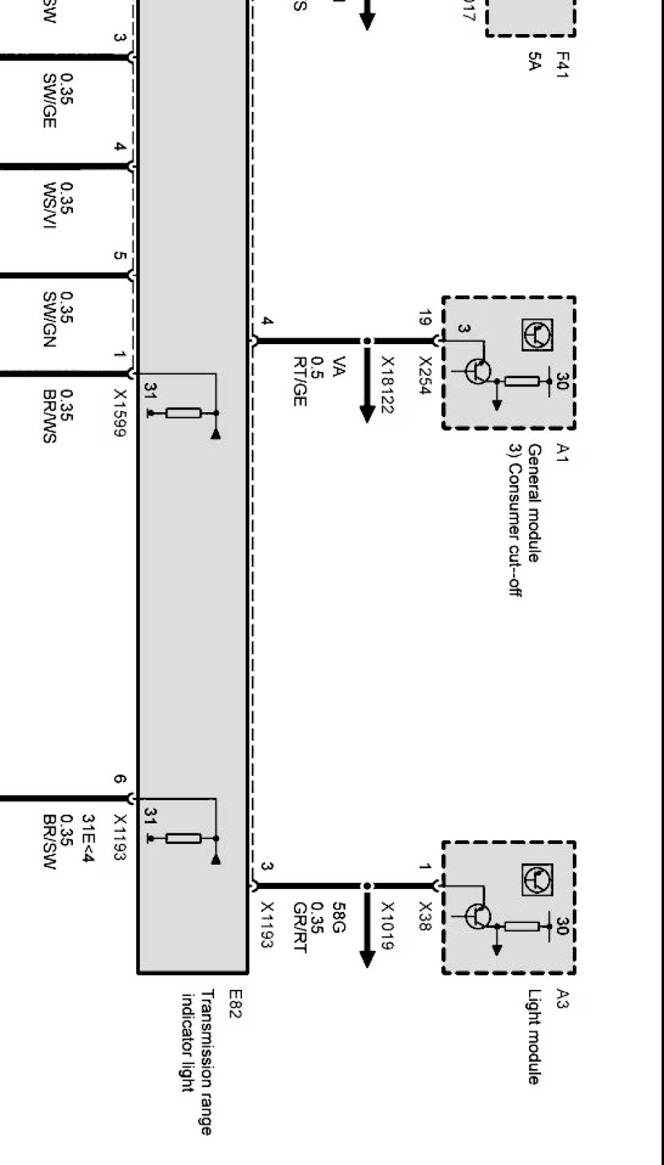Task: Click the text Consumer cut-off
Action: (515, 530)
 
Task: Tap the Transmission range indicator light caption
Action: (196, 1062)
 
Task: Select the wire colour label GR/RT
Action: (300, 928)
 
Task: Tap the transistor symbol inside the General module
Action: (478, 370)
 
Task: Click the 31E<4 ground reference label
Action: (88, 838)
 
